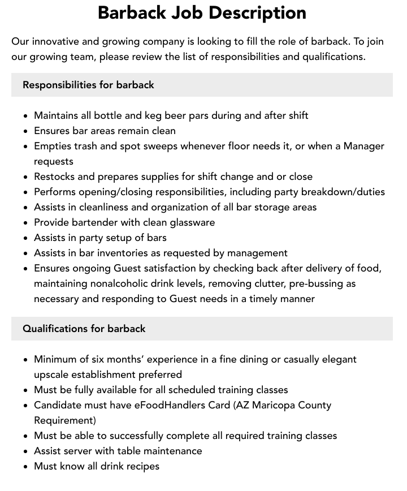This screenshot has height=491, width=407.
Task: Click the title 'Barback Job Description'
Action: [x=202, y=12]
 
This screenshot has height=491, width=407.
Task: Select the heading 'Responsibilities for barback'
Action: [x=88, y=85]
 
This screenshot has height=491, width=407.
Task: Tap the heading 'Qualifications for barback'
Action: [x=84, y=329]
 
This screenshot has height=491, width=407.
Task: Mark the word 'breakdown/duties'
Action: [x=345, y=192]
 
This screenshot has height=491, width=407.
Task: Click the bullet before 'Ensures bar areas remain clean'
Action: [x=26, y=131]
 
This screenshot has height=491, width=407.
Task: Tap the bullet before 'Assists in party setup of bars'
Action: [x=26, y=238]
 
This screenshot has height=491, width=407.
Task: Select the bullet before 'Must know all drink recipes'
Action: [x=26, y=467]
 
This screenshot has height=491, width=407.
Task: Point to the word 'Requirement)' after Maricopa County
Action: [x=65, y=420]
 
